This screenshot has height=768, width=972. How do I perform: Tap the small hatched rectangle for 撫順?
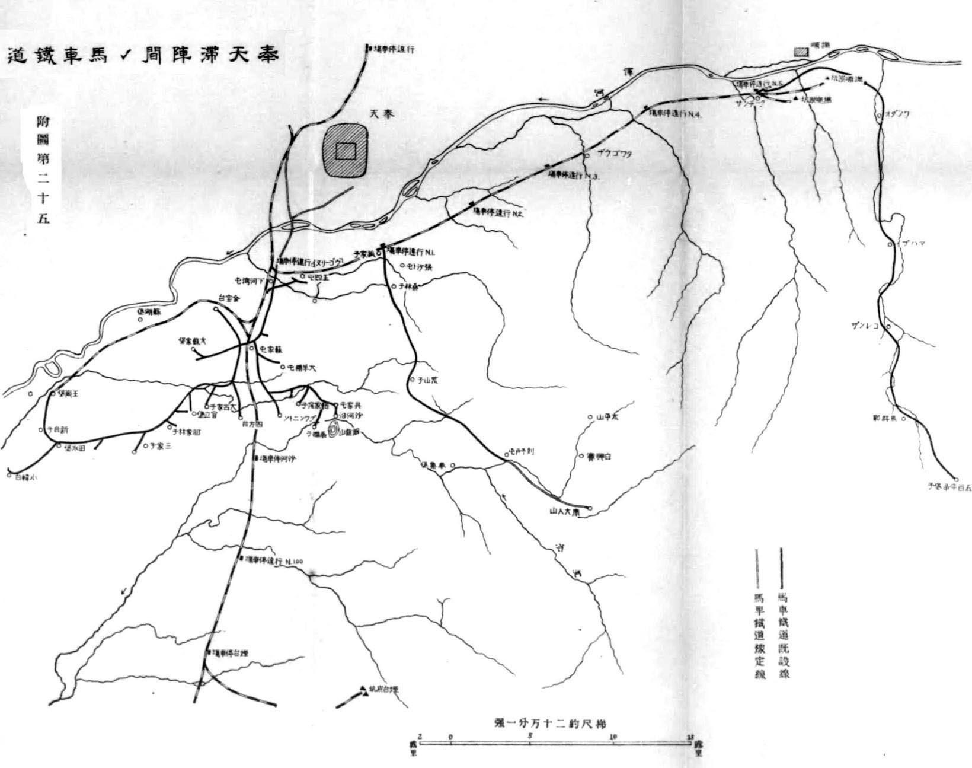[x=801, y=52]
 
